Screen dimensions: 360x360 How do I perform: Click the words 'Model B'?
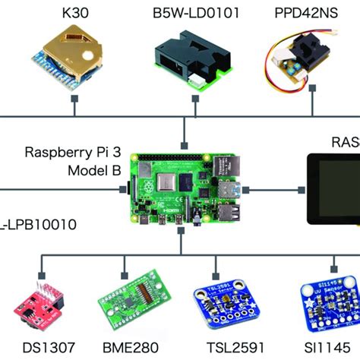point(93,171)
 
